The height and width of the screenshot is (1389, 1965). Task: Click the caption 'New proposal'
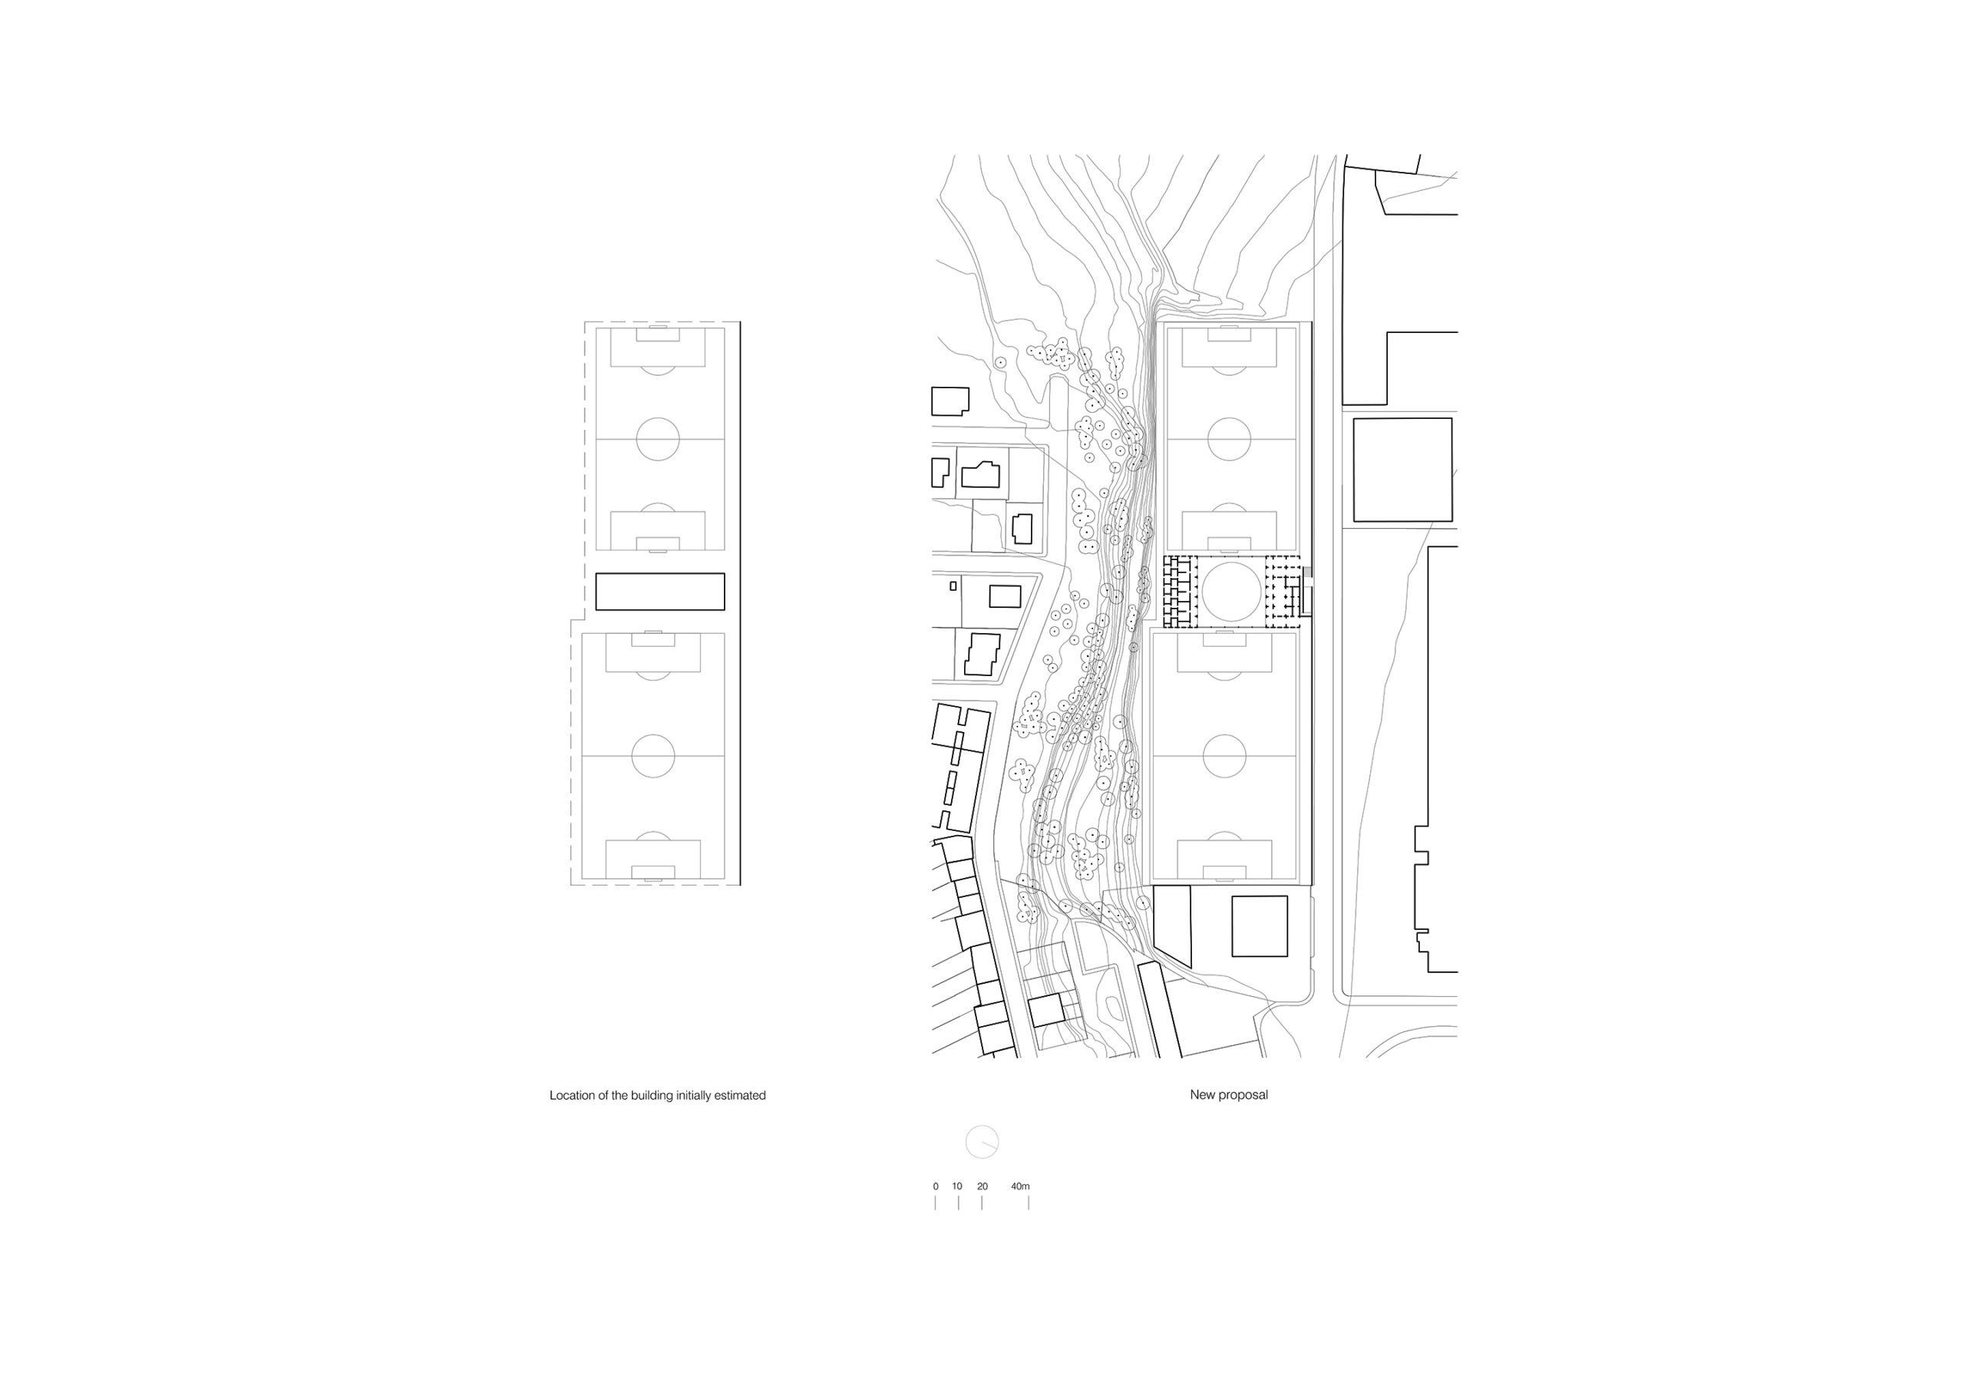tap(1228, 1095)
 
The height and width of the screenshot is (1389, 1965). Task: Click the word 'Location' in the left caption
tap(570, 1095)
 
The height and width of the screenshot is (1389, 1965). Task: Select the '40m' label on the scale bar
tap(1020, 1186)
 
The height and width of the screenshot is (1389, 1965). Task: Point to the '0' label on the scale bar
tap(936, 1186)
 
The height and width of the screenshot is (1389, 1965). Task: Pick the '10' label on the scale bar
tap(957, 1186)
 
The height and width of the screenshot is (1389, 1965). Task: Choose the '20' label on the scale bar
tap(982, 1186)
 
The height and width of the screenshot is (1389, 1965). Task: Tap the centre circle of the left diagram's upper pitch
tap(637, 439)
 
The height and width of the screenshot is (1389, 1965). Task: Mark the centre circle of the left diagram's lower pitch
tap(632, 757)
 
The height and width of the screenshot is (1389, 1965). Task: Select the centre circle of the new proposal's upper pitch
tap(1207, 439)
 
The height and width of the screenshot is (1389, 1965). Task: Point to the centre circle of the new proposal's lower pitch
tap(1203, 757)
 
